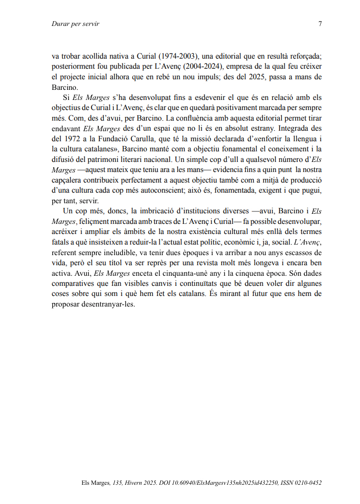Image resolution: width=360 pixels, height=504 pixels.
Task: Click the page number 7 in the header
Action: (320, 24)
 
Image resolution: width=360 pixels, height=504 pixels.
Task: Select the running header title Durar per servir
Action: (75, 24)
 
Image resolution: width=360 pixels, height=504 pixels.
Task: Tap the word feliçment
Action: (94, 221)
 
